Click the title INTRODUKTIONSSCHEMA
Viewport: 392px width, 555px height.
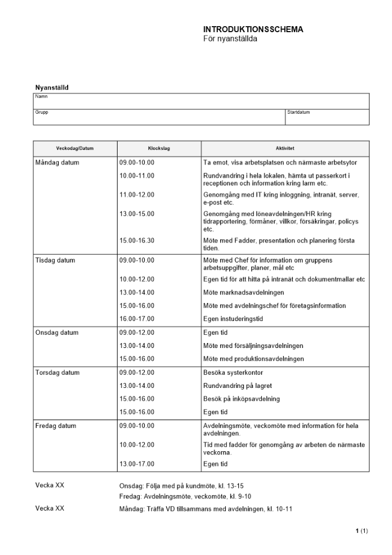click(x=253, y=29)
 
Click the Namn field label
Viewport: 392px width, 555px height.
click(x=41, y=97)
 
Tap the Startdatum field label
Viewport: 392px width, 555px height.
click(x=298, y=112)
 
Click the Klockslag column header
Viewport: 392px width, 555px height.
click(x=159, y=148)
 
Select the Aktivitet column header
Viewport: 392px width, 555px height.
click(x=285, y=148)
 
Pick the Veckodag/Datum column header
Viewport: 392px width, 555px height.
click(x=75, y=148)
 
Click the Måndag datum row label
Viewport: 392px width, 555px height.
click(x=57, y=163)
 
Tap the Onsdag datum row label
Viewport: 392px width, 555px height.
click(x=57, y=332)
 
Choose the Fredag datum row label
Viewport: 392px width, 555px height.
click(x=55, y=426)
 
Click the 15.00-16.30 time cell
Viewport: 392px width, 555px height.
click(x=136, y=240)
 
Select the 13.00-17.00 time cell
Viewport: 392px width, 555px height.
click(x=136, y=463)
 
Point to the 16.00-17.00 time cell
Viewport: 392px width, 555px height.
click(x=136, y=319)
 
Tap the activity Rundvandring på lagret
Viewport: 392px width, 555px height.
click(x=238, y=386)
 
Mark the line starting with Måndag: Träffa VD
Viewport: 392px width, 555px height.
click(x=206, y=508)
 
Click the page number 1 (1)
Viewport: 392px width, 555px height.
click(x=362, y=532)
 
